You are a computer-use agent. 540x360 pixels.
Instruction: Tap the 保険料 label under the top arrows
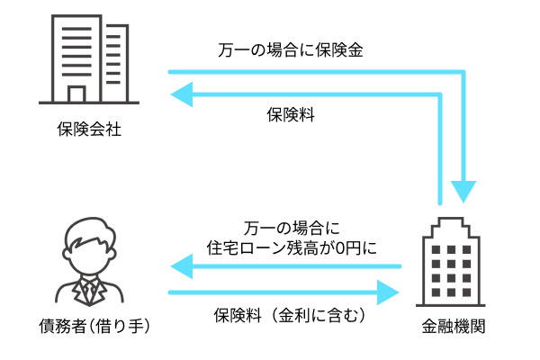click(290, 114)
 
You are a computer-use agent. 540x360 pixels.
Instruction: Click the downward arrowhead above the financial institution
click(464, 191)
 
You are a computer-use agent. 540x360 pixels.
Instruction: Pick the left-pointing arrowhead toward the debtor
click(182, 265)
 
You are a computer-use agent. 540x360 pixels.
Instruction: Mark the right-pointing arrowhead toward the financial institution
click(388, 292)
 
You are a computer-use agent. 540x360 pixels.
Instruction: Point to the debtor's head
click(90, 244)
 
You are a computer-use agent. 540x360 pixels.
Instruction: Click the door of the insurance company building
click(76, 94)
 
